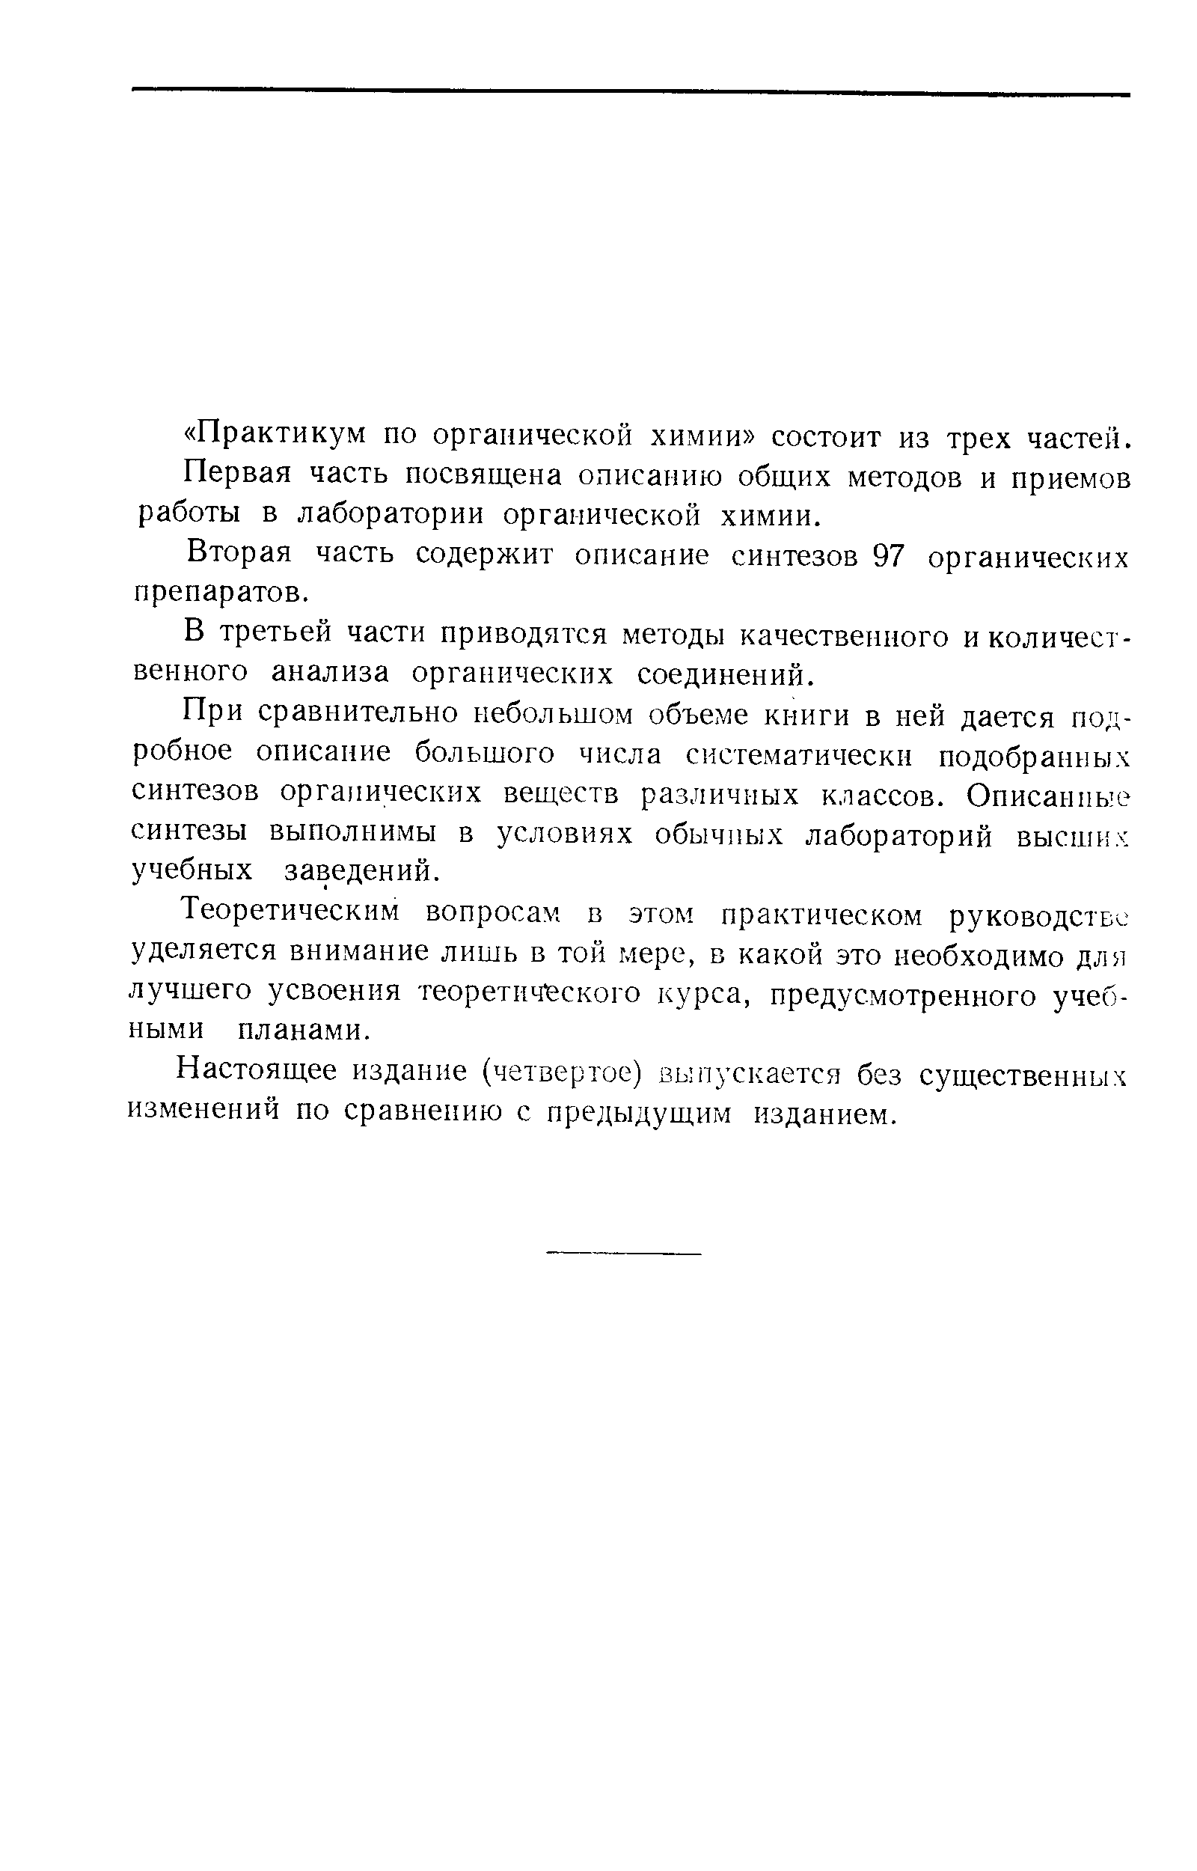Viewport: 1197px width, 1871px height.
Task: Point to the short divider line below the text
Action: [x=623, y=1253]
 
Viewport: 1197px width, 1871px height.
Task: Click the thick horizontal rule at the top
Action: [x=631, y=93]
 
